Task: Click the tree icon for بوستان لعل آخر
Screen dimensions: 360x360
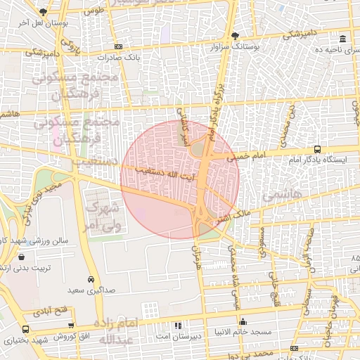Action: (44, 12)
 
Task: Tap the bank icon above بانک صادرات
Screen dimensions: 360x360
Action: (118, 46)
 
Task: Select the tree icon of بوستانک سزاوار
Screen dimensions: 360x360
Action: (235, 35)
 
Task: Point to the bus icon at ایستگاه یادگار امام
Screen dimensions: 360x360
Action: (318, 149)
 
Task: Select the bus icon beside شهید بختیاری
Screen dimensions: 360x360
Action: (25, 329)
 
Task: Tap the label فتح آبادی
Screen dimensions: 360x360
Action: (55, 310)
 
